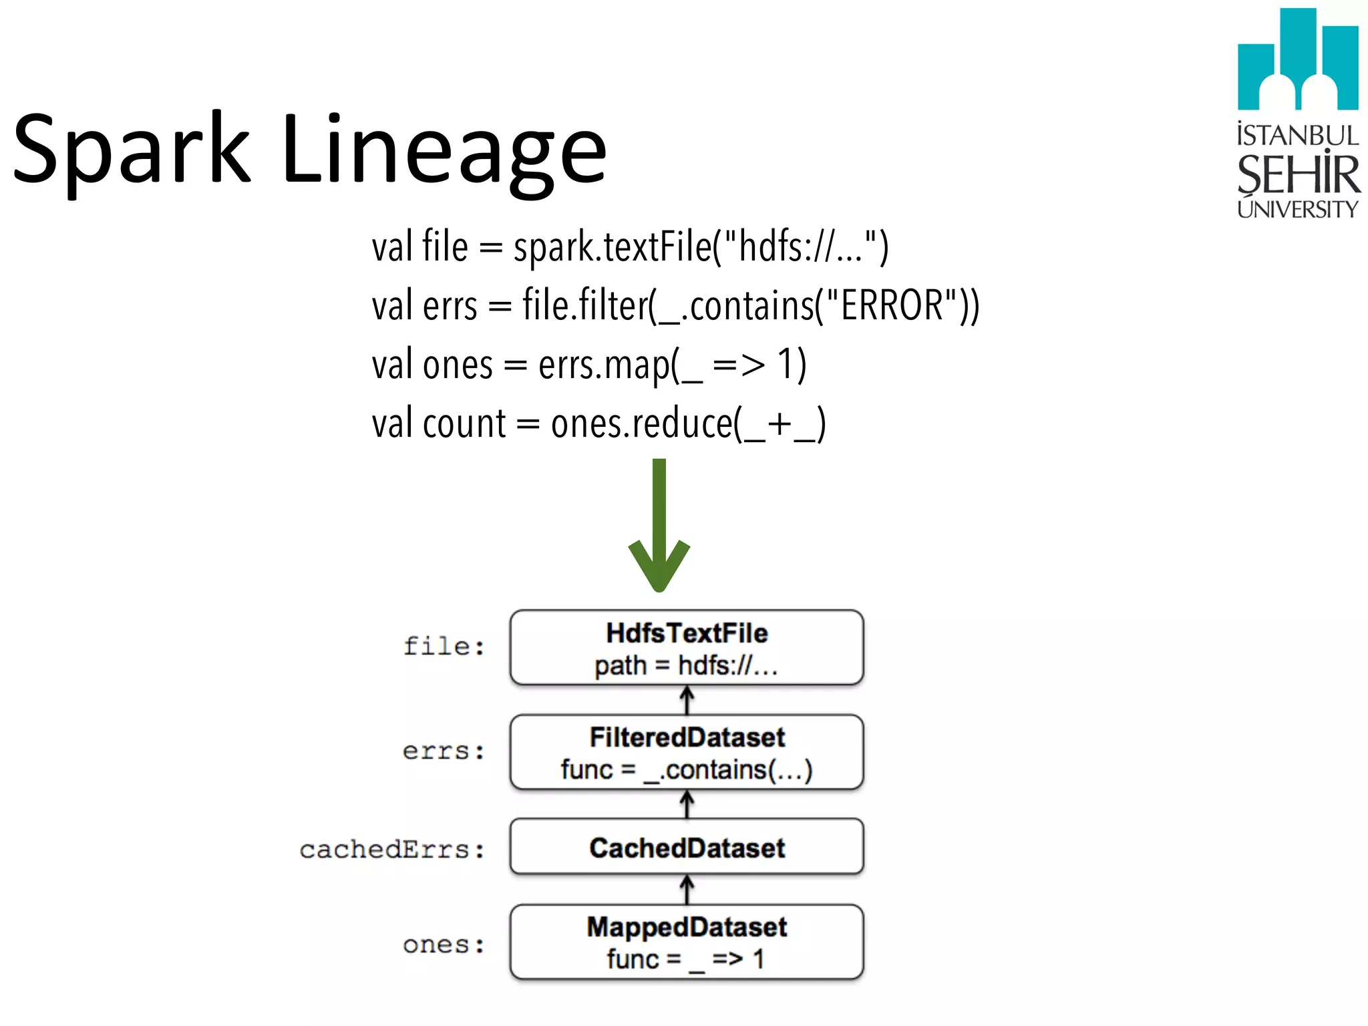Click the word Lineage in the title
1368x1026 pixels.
pos(444,150)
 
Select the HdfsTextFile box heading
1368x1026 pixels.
pos(687,633)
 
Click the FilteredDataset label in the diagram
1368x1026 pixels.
pos(687,737)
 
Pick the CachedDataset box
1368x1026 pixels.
pos(687,848)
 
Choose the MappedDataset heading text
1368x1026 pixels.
pos(687,927)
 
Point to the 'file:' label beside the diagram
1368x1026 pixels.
pos(444,646)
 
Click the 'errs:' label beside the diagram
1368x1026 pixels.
pos(444,751)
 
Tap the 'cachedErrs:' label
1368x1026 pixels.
pos(392,850)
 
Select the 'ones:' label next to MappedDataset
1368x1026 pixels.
pos(444,945)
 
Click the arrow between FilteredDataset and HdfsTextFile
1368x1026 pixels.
pos(687,701)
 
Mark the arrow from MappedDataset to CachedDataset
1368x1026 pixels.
pos(687,890)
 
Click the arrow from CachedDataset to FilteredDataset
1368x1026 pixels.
pos(687,804)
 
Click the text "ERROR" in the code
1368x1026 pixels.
pos(892,305)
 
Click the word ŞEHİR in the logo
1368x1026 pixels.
pos(1297,175)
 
